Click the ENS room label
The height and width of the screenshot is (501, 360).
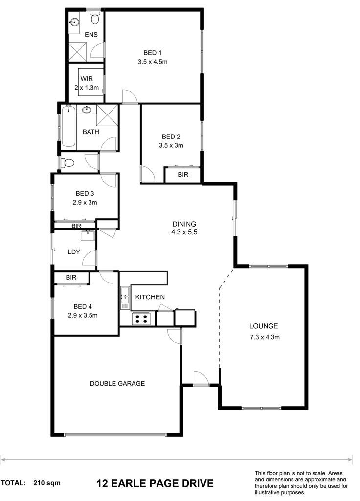point(91,35)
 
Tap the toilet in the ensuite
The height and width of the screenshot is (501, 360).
point(94,18)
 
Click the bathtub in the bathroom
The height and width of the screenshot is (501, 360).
point(68,126)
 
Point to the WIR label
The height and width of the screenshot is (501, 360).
point(87,79)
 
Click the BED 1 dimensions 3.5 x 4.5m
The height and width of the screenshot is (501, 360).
point(153,62)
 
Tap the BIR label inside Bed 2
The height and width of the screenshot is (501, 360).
point(183,175)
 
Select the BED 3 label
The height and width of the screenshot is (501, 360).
point(85,193)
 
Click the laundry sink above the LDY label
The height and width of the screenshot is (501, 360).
point(88,236)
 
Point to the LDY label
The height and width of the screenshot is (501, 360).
point(74,252)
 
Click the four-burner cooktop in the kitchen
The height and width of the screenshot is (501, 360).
point(141,319)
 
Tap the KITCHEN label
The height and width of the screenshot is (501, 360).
point(150,297)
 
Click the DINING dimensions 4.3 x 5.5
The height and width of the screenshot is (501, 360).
point(184,232)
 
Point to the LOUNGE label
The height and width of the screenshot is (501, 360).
point(264,326)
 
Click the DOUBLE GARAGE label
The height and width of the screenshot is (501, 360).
point(117,384)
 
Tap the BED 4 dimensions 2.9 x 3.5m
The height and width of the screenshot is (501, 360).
point(83,315)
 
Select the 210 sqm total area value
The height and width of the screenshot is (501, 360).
point(47,483)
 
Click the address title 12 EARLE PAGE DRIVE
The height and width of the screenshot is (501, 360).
point(155,483)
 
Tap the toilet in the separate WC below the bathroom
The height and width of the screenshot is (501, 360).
point(67,163)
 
